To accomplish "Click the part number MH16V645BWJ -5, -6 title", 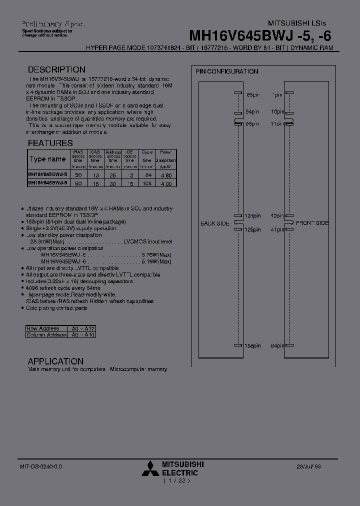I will pyautogui.click(x=259, y=35).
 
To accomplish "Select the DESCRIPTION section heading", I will pyautogui.click(x=56, y=70).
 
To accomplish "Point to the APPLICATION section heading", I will pyautogui.click(x=55, y=361).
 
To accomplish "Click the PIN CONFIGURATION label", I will pyautogui.click(x=226, y=71).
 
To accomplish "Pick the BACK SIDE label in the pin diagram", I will pyautogui.click(x=215, y=223).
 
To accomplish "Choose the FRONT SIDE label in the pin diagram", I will pyautogui.click(x=312, y=223).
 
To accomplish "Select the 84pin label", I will pyautogui.click(x=277, y=345).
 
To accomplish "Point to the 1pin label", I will pyautogui.click(x=277, y=94).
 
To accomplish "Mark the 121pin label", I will pyautogui.click(x=252, y=216).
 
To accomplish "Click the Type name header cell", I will pyautogui.click(x=47, y=159).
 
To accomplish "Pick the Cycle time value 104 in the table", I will pyautogui.click(x=147, y=184).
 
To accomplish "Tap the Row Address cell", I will pyautogui.click(x=43, y=328).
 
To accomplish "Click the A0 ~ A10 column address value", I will pyautogui.click(x=83, y=335).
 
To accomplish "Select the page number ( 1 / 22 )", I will pyautogui.click(x=176, y=481).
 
